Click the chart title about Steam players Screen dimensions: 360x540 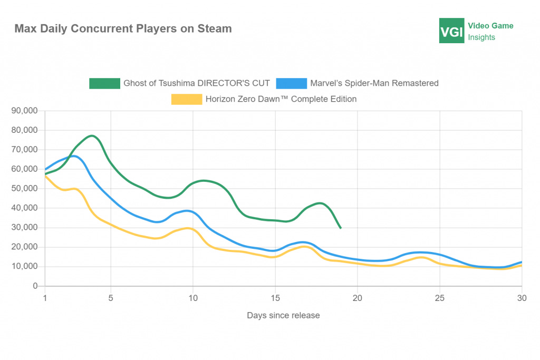coord(123,28)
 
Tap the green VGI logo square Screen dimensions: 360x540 coord(452,31)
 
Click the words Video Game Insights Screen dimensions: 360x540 coord(490,31)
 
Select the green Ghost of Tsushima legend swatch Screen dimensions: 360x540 coord(104,83)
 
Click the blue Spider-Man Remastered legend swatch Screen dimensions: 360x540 coord(292,83)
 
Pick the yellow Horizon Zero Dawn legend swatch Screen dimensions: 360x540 coord(187,99)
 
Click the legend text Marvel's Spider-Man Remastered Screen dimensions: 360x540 coord(374,83)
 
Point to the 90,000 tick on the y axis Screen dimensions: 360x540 coord(25,111)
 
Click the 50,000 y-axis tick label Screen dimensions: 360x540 coord(25,189)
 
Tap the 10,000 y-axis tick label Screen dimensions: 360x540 coord(25,267)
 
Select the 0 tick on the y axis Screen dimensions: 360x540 coord(35,286)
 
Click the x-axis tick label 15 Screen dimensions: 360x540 coord(275,297)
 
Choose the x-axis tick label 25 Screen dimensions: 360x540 coord(440,297)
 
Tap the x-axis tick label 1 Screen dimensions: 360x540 coord(45,297)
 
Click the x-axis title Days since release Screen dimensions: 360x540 coord(283,315)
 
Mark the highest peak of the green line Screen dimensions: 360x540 coord(92,136)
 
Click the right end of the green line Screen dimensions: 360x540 coord(341,228)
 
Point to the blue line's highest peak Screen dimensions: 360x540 coord(73,156)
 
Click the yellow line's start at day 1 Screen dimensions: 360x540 coord(45,176)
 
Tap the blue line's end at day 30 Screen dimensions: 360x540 coord(522,262)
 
